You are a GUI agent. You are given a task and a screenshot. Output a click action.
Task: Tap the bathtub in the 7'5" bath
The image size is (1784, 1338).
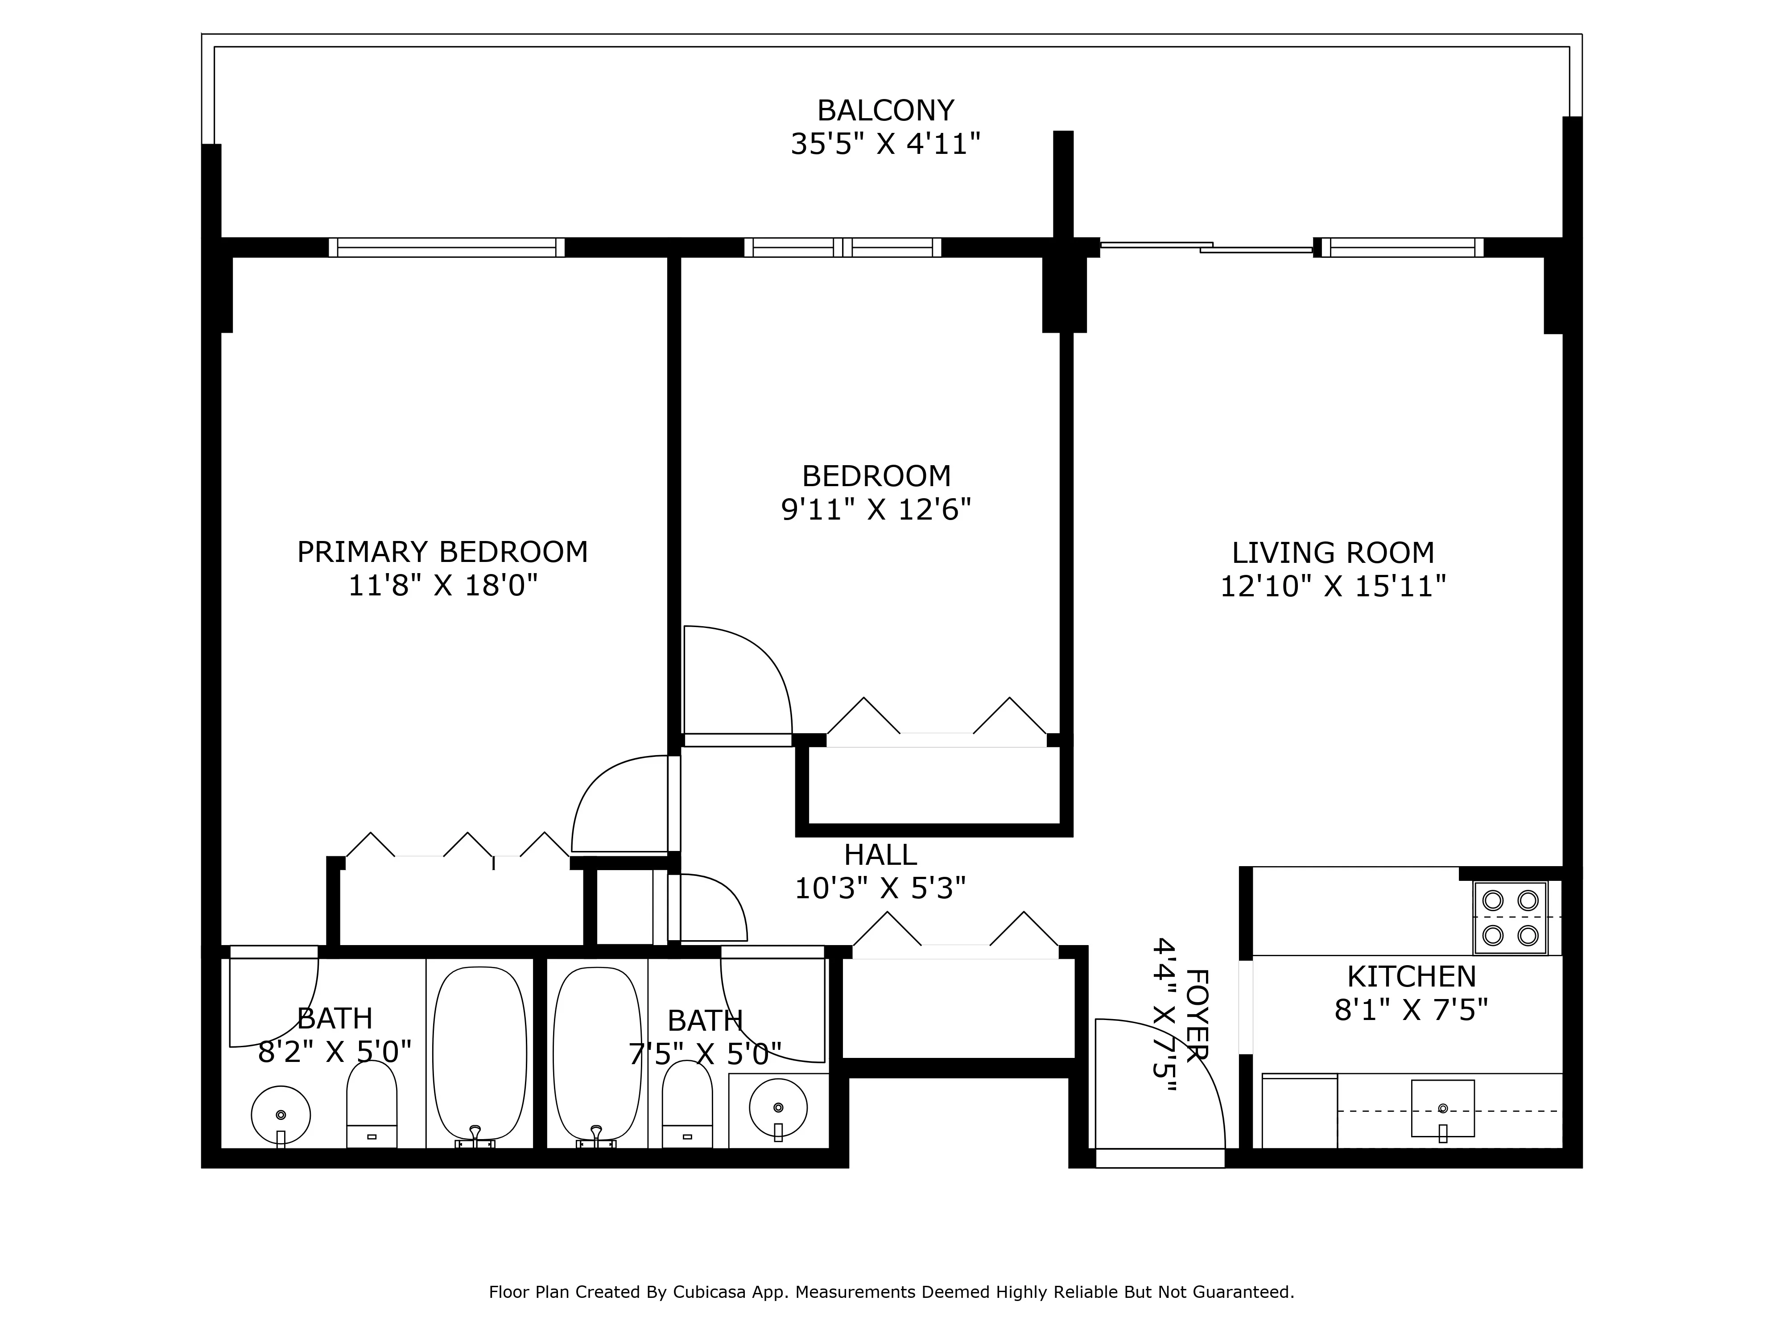point(598,1053)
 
